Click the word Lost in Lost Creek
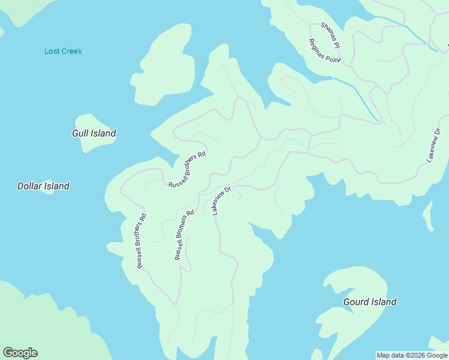52,51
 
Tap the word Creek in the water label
71,51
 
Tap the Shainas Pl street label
330,36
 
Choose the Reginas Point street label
324,51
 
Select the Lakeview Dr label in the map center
221,200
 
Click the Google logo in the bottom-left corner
20,353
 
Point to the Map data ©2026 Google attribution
412,355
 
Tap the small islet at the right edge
428,216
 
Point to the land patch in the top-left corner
21,9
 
